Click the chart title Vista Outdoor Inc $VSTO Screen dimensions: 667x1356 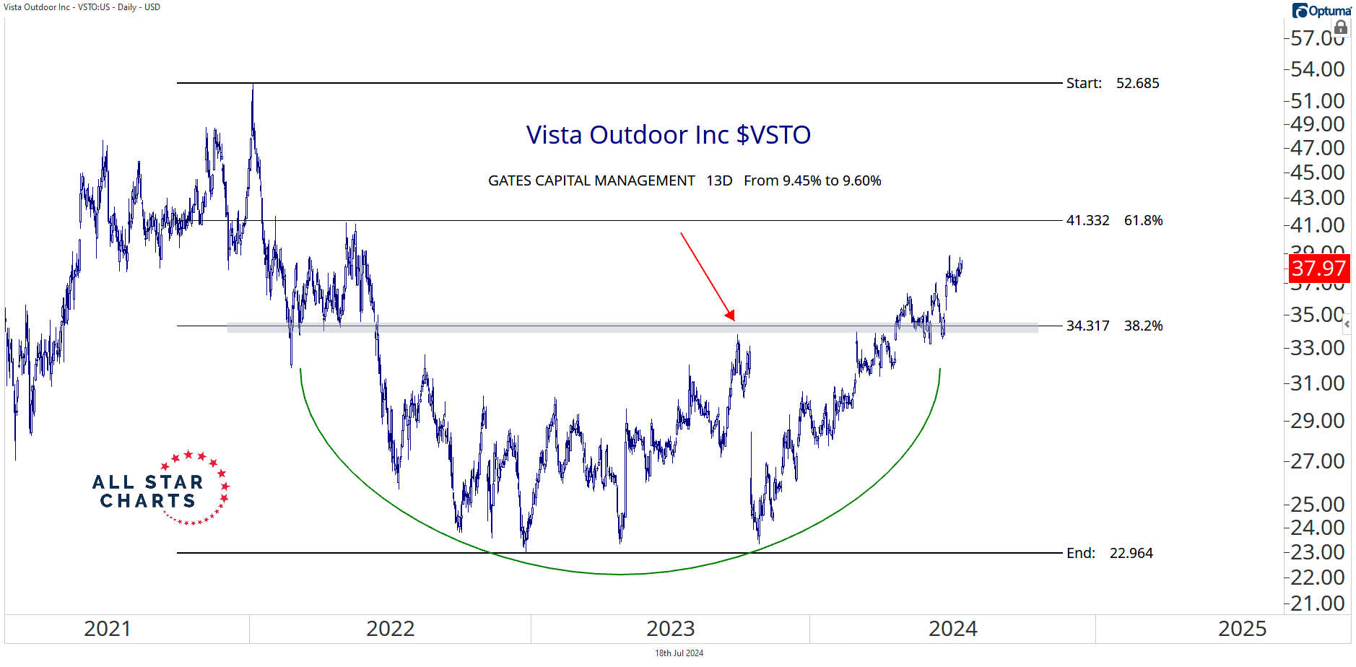click(668, 135)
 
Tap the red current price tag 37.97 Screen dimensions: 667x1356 click(1318, 269)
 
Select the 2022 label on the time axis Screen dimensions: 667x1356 click(390, 629)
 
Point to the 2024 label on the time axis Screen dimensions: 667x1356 click(952, 629)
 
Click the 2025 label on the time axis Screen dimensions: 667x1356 click(1242, 629)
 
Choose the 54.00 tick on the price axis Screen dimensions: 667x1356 click(1318, 69)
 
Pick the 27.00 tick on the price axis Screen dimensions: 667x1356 click(1318, 461)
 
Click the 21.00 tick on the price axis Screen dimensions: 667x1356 click(1318, 603)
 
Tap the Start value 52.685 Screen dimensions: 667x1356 click(1137, 84)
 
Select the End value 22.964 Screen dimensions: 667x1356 click(1131, 554)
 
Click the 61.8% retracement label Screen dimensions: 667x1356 click(1143, 221)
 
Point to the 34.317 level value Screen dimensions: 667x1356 click(1087, 326)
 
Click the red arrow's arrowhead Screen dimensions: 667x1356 click(731, 315)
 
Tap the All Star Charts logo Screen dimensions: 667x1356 click(160, 489)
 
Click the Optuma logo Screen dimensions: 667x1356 click(1321, 11)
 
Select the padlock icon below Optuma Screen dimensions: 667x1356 click(1341, 27)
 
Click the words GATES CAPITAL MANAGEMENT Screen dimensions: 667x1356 click(591, 181)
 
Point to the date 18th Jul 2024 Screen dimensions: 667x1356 click(679, 653)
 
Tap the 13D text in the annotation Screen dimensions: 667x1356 click(719, 181)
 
